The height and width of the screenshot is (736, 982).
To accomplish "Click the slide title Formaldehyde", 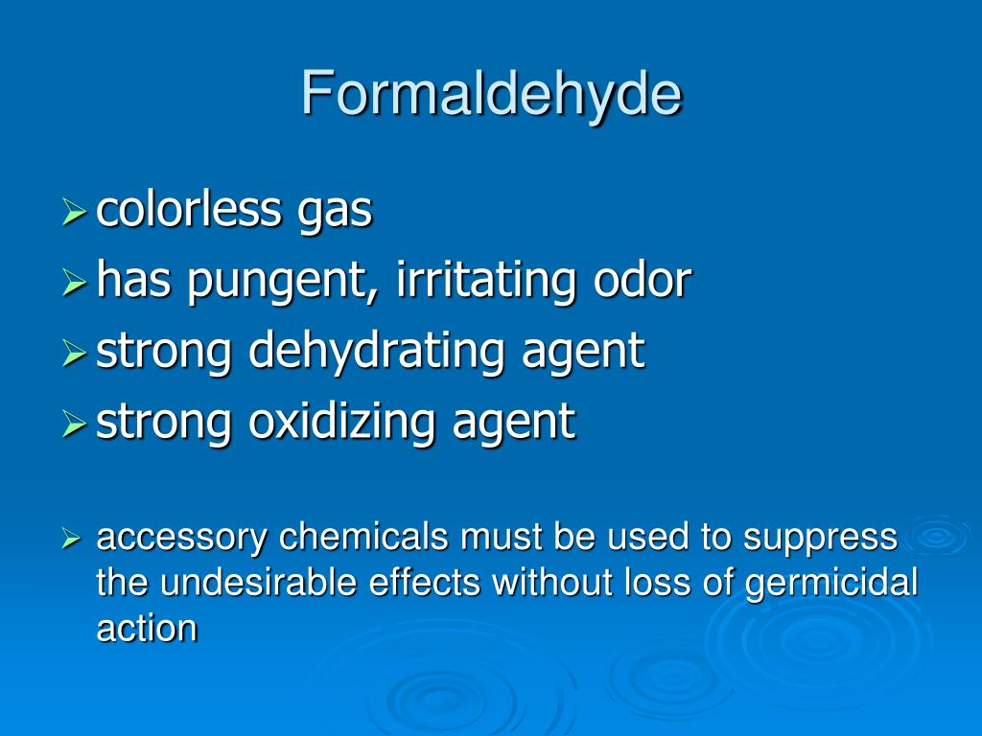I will [491, 94].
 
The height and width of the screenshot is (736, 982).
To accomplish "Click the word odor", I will [642, 280].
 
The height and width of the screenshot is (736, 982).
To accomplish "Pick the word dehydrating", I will [377, 352].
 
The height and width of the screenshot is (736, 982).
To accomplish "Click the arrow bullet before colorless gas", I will [75, 213].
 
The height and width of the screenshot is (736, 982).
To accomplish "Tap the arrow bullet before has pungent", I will [75, 283].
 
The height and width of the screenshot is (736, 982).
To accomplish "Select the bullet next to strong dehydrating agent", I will [75, 353].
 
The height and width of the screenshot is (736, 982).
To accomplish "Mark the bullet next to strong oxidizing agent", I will [75, 423].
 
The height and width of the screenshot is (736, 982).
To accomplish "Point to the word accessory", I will [182, 539].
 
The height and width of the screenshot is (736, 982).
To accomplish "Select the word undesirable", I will [240, 583].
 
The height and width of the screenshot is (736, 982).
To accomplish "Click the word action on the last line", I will [147, 629].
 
